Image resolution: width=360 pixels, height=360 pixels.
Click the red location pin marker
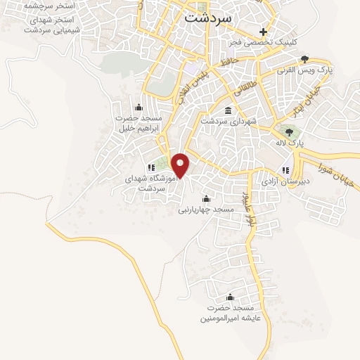(x=181, y=165)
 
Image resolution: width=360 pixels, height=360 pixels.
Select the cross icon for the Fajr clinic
(x=264, y=32)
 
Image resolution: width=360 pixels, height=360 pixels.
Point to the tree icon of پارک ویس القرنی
(x=304, y=60)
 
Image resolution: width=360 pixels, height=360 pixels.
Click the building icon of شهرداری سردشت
(x=229, y=110)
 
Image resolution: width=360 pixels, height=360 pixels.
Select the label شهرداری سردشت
(x=229, y=122)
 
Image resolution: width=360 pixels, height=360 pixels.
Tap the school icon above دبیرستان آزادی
(x=285, y=170)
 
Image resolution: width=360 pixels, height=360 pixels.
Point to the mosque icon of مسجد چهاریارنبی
(x=205, y=198)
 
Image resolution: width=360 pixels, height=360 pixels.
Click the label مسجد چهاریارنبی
(x=205, y=210)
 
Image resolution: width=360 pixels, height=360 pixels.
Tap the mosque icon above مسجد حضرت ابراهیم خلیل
(x=138, y=108)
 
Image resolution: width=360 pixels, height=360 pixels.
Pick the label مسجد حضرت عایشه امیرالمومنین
(x=229, y=314)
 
